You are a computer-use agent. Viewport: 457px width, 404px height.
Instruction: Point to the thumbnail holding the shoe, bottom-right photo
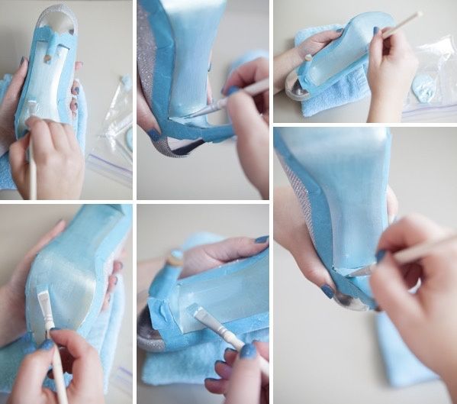click(328, 291)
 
